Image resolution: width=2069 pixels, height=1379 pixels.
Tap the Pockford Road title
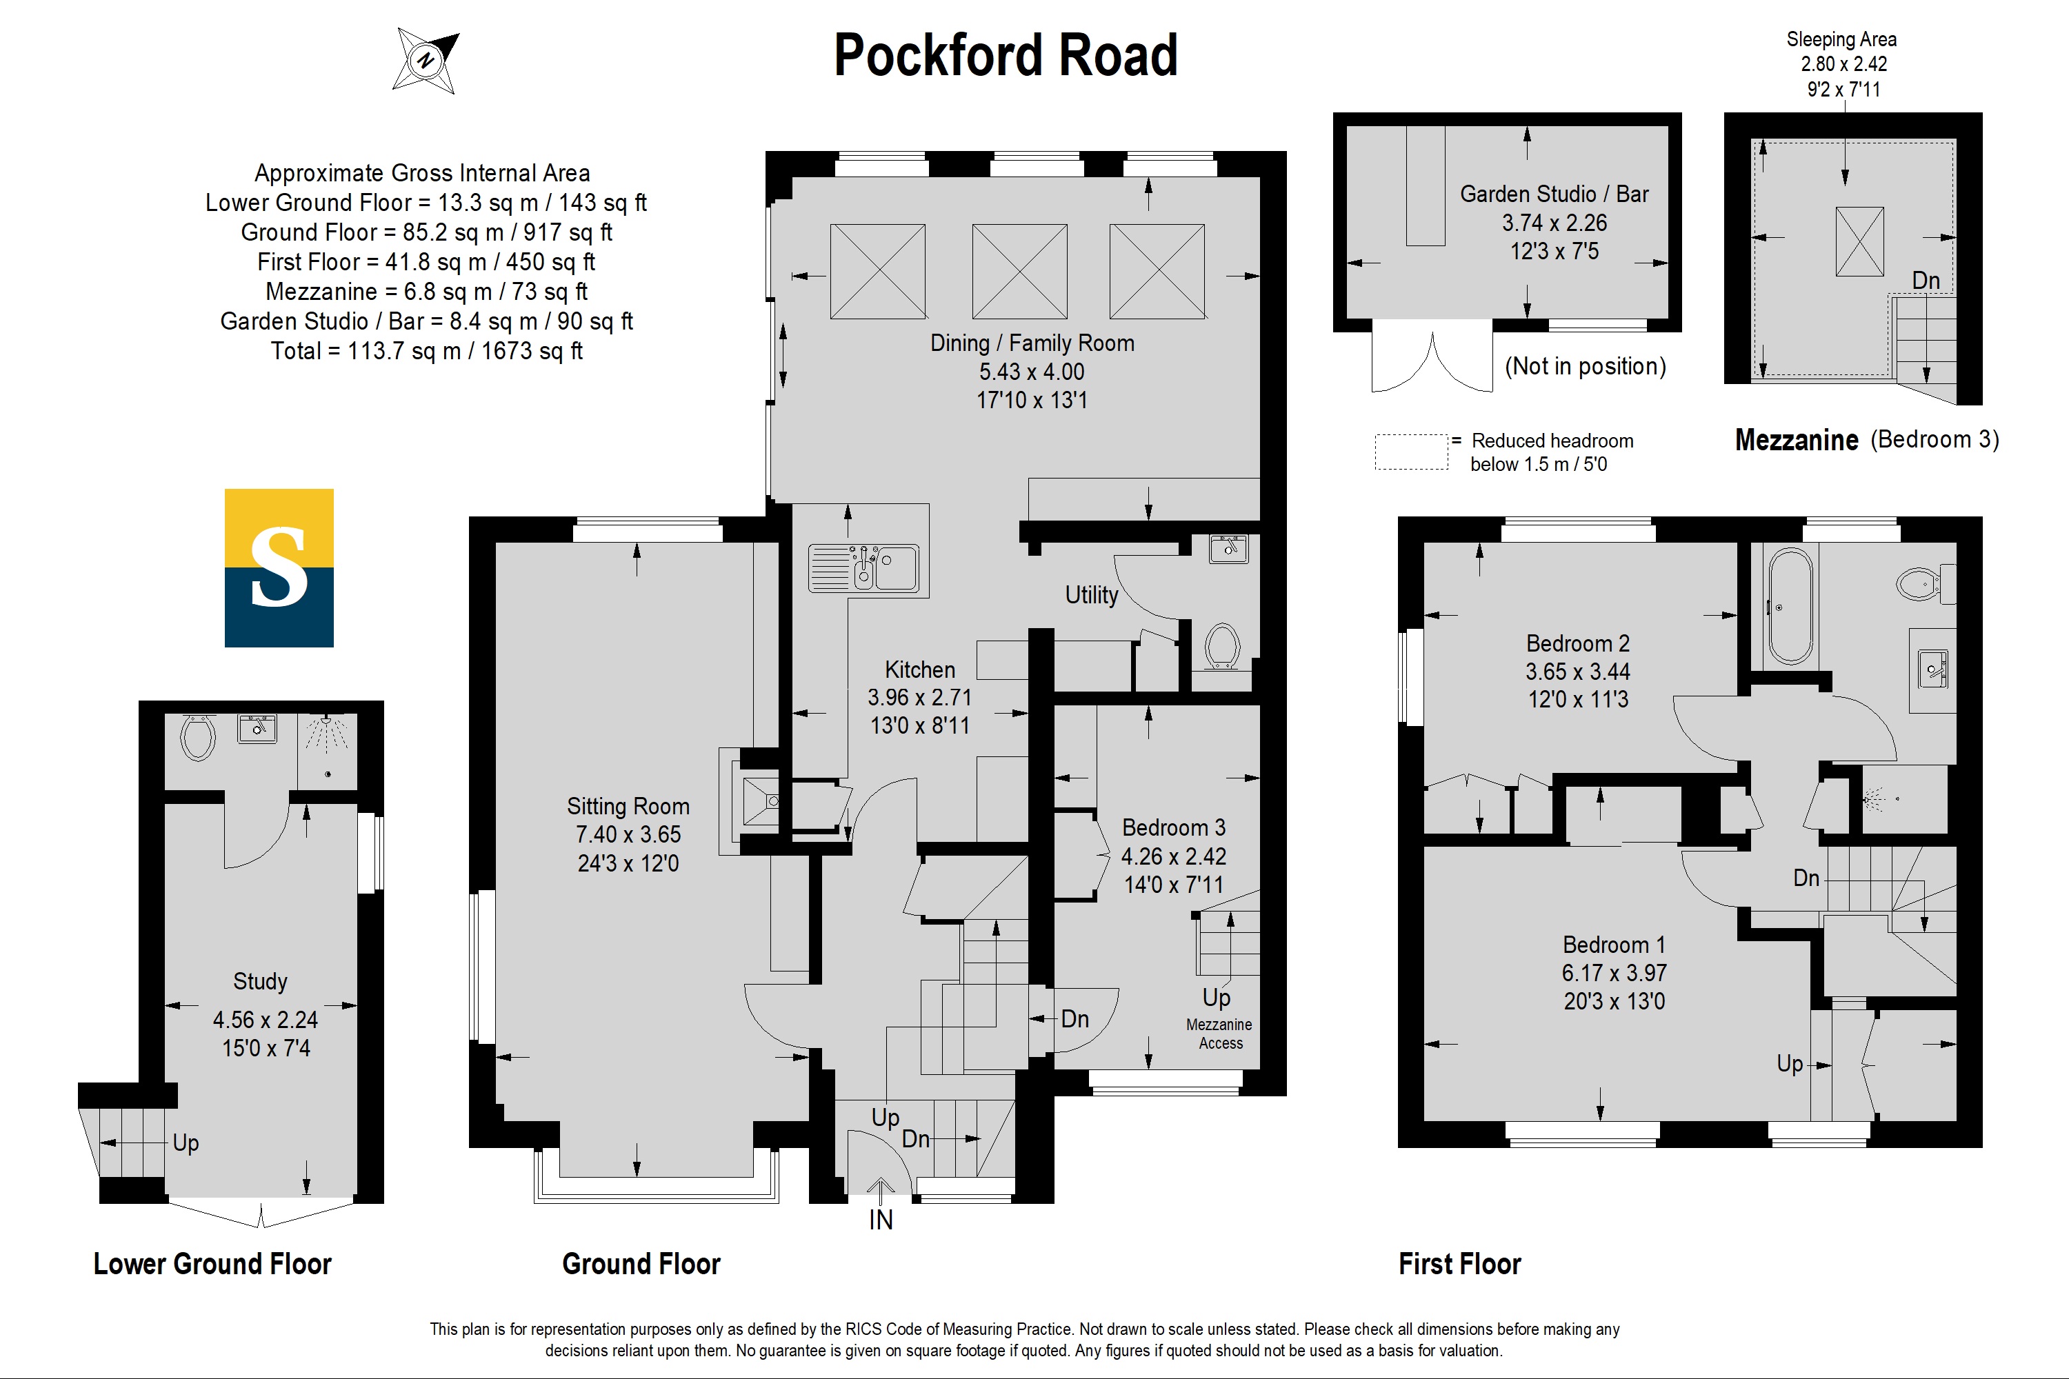click(x=1006, y=54)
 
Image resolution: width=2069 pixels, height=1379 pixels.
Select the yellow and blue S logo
click(x=279, y=568)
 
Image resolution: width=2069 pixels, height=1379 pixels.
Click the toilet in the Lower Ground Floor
click(x=197, y=737)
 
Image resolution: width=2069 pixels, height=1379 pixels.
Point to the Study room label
click(x=261, y=980)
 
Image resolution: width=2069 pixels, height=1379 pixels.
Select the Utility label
click(x=1092, y=596)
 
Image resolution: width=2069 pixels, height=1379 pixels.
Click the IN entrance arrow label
click(x=881, y=1219)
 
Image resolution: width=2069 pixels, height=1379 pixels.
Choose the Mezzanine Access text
click(x=1219, y=1034)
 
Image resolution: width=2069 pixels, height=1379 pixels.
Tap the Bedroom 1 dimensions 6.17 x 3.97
click(x=1615, y=973)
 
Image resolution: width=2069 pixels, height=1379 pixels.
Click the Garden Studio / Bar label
click(x=1555, y=194)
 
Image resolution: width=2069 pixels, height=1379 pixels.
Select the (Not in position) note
click(x=1585, y=366)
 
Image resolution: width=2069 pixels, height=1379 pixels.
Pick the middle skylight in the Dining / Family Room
click(x=1019, y=271)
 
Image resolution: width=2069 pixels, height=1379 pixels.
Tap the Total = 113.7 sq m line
click(x=427, y=351)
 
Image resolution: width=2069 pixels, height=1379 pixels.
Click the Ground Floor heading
click(x=641, y=1264)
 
